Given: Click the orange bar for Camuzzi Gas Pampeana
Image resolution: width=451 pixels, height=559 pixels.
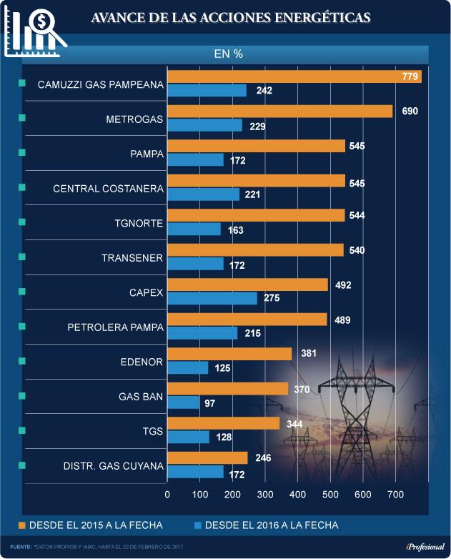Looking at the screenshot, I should pyautogui.click(x=294, y=76).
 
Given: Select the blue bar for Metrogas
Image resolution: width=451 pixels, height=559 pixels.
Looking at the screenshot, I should pyautogui.click(x=204, y=125).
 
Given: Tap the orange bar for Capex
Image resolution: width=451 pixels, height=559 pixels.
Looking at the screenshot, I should pyautogui.click(x=247, y=285).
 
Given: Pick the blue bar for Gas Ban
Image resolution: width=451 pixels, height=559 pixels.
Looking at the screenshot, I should pyautogui.click(x=183, y=403).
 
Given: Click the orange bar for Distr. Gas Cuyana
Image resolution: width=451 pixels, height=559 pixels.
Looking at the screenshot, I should pyautogui.click(x=207, y=457).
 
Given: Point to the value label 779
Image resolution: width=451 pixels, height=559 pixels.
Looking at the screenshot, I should pyautogui.click(x=410, y=76).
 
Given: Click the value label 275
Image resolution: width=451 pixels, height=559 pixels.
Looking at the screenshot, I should pyautogui.click(x=272, y=299).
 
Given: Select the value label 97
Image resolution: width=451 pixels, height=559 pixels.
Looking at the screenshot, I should pyautogui.click(x=209, y=403).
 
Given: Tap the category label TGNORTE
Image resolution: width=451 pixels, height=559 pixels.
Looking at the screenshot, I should pyautogui.click(x=139, y=223).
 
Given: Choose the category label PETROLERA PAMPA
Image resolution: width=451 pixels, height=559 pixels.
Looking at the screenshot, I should pyautogui.click(x=115, y=327).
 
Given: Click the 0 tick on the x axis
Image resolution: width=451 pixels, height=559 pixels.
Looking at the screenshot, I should pyautogui.click(x=167, y=494).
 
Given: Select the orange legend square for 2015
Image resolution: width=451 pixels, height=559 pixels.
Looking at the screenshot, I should pyautogui.click(x=21, y=525).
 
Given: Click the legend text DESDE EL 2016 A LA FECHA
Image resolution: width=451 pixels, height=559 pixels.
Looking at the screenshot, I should pyautogui.click(x=271, y=525).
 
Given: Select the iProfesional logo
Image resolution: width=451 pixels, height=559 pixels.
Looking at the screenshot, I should pyautogui.click(x=425, y=547).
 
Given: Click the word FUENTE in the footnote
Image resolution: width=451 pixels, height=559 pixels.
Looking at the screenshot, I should pyautogui.click(x=21, y=547).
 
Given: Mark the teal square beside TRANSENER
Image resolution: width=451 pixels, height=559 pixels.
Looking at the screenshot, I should pyautogui.click(x=21, y=257).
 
